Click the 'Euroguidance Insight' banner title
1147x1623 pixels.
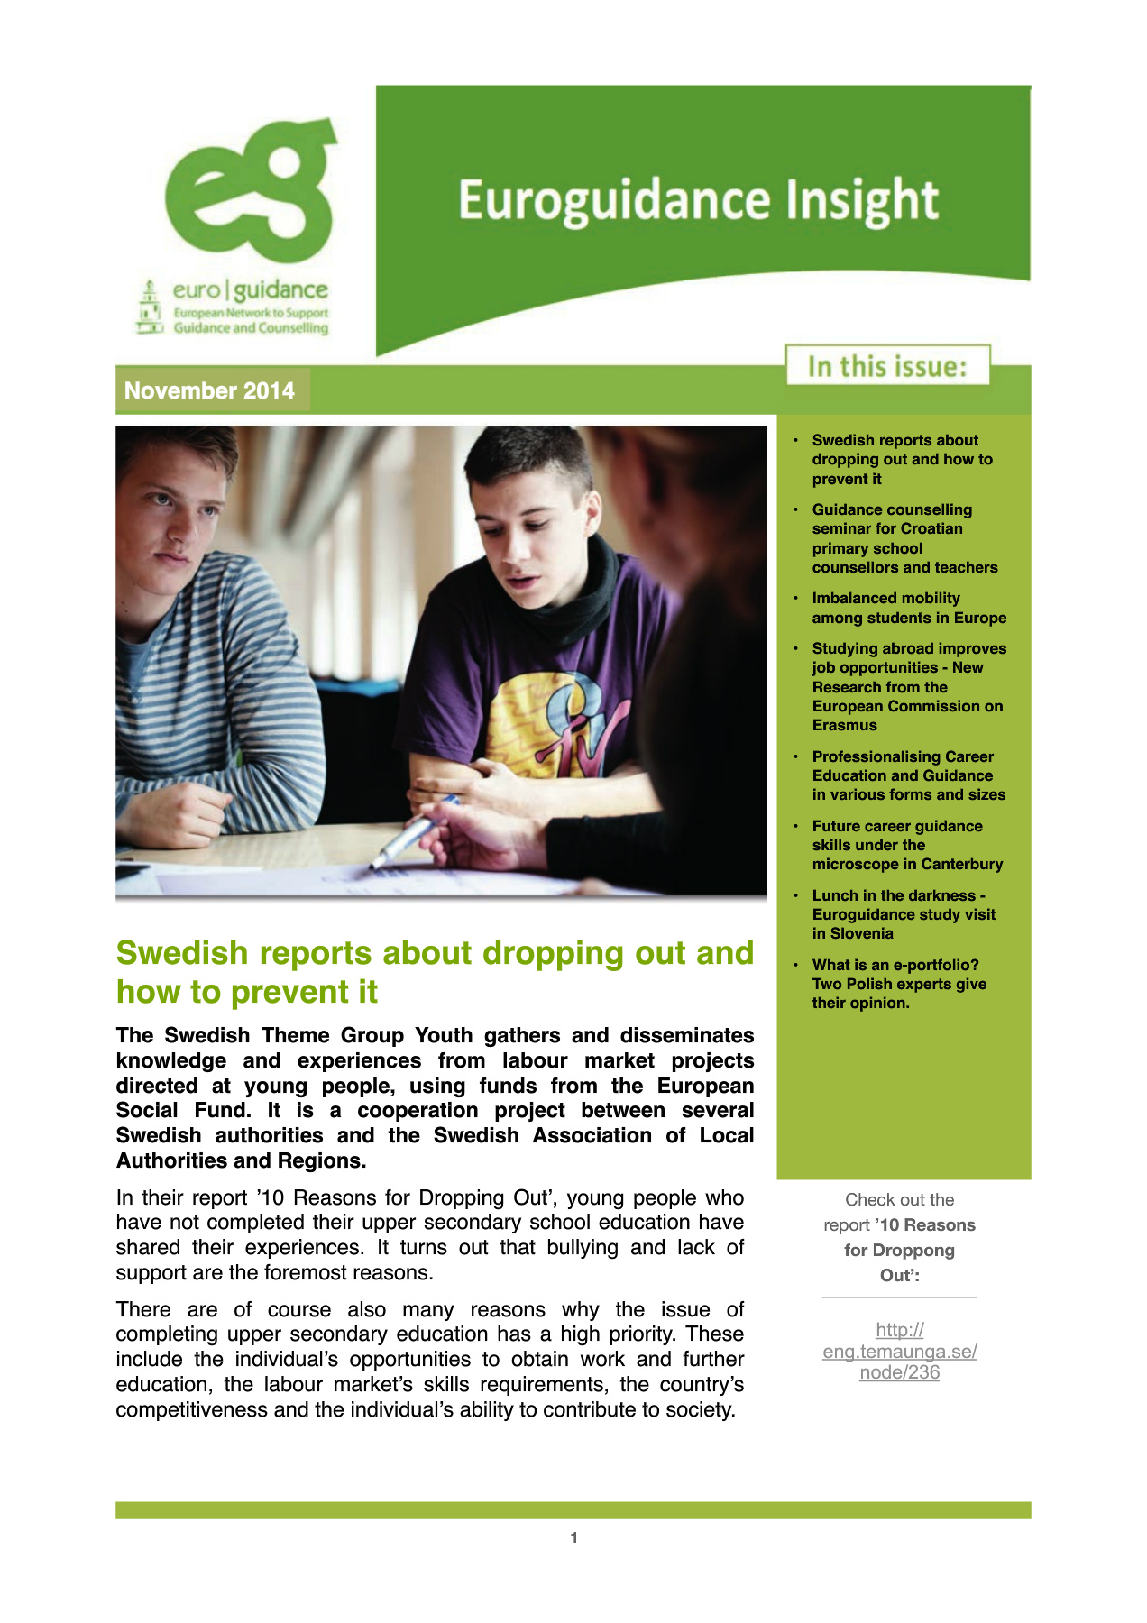pyautogui.click(x=698, y=200)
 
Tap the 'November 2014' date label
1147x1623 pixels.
pyautogui.click(x=209, y=390)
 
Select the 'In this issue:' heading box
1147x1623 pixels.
pyautogui.click(x=887, y=366)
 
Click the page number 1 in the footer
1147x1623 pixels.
pyautogui.click(x=573, y=1537)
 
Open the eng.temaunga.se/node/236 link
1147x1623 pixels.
pyautogui.click(x=899, y=1351)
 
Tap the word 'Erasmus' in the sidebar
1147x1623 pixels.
pyautogui.click(x=844, y=725)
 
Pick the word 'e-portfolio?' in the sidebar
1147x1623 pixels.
pyautogui.click(x=936, y=965)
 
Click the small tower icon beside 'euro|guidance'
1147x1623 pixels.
pyautogui.click(x=149, y=307)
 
